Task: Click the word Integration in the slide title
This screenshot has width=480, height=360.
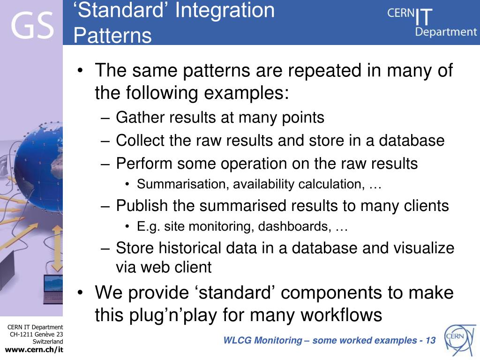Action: pos(225,10)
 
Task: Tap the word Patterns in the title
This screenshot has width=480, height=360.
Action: pos(112,36)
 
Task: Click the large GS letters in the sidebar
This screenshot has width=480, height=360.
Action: pos(32,26)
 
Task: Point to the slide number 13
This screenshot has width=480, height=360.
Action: pos(430,340)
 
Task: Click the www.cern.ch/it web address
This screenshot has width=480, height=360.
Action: pos(34,350)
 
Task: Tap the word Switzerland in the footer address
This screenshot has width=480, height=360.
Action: pos(48,342)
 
